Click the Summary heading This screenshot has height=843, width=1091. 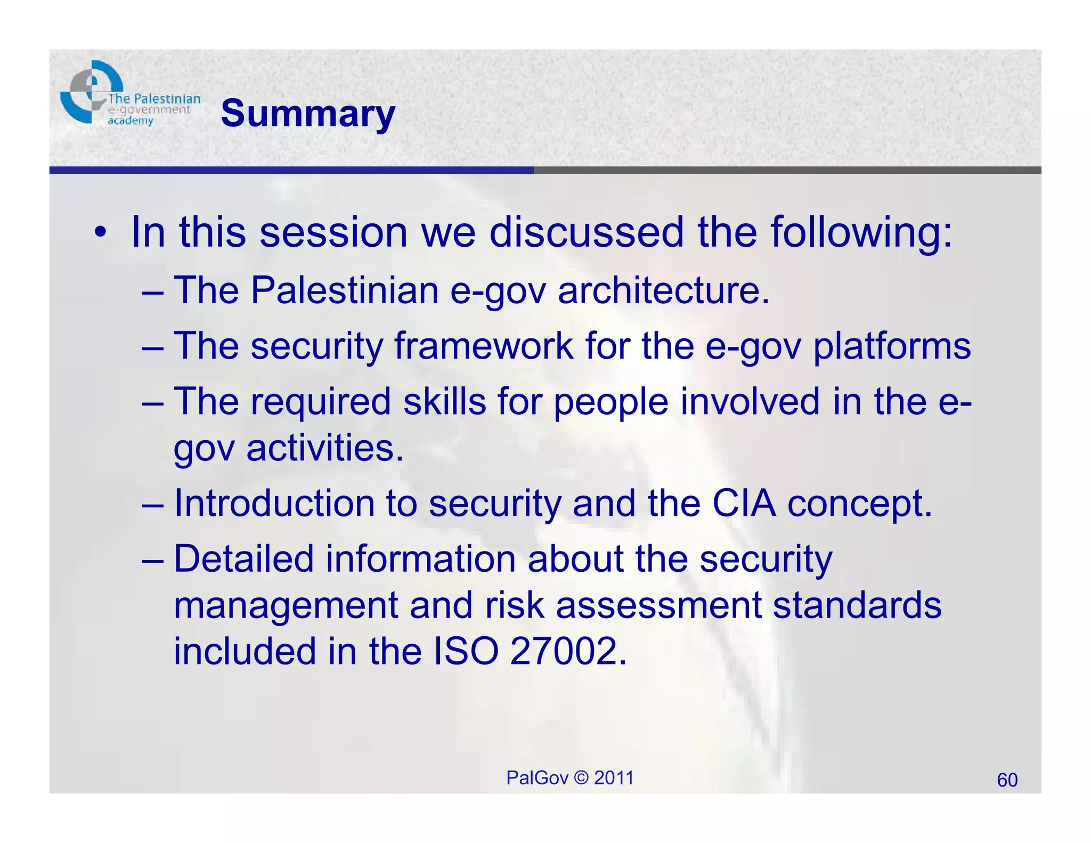[x=308, y=114]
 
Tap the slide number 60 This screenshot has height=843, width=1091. [x=1007, y=780]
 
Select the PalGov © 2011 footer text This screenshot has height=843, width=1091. [x=569, y=778]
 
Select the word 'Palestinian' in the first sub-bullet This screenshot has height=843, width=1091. [x=344, y=290]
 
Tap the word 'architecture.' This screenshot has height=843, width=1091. [x=663, y=290]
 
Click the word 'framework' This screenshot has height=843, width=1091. [x=483, y=346]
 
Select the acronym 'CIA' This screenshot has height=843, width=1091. [x=744, y=503]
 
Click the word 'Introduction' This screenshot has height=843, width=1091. [x=274, y=503]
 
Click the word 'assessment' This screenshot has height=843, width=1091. [x=658, y=605]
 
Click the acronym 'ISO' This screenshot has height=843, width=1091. [x=466, y=651]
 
